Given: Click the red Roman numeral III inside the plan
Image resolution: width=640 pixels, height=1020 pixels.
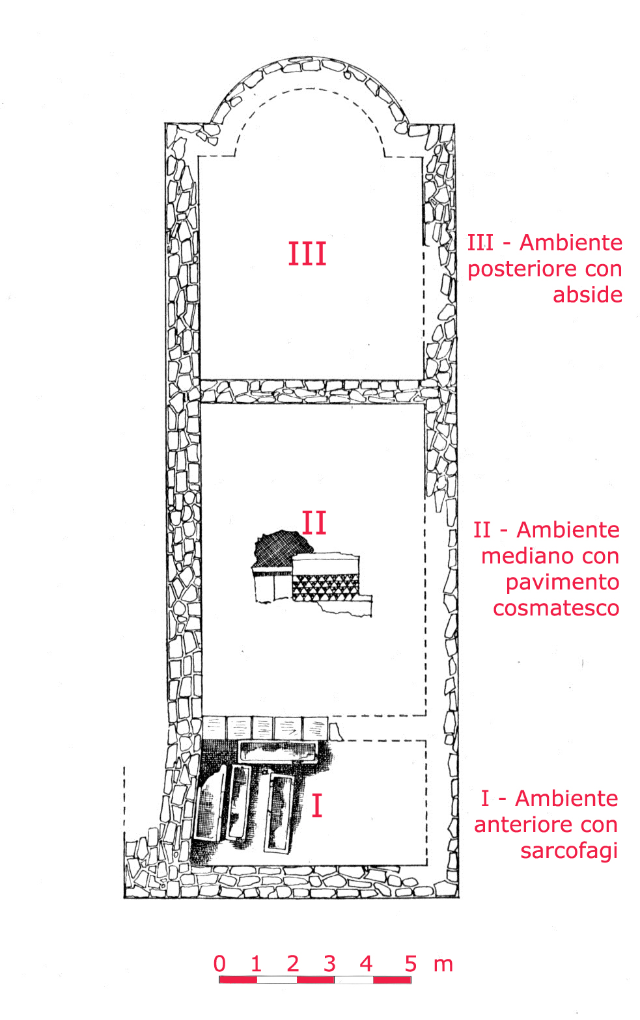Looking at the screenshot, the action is tap(307, 254).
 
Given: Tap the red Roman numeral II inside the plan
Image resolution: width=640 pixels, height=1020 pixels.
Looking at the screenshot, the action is tap(314, 522).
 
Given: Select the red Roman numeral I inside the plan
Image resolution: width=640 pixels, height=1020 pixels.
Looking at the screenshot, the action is tap(317, 805).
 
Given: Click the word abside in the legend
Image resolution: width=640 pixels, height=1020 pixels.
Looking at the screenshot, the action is tap(587, 295).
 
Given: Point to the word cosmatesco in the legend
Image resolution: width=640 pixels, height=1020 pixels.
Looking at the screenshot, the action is tap(556, 608).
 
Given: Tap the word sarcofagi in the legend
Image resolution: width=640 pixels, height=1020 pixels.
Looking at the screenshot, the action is tap(569, 851).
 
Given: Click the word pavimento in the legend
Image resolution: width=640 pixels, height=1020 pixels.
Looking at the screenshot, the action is tap(563, 582).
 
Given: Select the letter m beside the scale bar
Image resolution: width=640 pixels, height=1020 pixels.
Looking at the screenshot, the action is tap(443, 965).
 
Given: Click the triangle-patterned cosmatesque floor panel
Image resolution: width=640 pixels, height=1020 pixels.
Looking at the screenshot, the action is tap(325, 587).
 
